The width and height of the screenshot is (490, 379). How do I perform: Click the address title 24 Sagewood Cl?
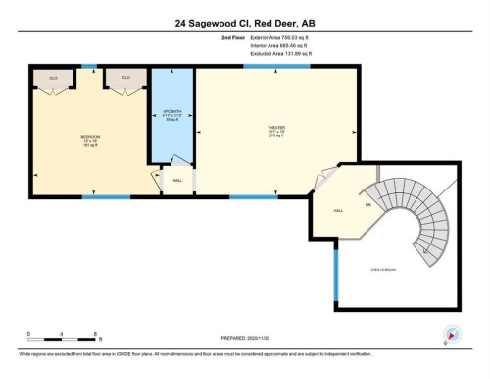pos(244,23)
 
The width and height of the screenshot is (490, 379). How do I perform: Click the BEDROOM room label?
pos(91,138)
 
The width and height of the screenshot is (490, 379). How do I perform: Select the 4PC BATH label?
pos(171,114)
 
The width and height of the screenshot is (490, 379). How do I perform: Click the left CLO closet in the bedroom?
pos(54,77)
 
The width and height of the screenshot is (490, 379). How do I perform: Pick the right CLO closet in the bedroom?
pos(125,77)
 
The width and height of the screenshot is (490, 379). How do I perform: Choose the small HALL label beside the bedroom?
pos(177,180)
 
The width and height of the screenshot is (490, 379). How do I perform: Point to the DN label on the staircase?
pos(368,204)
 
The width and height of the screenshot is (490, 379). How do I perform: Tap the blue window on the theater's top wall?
pos(291,66)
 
